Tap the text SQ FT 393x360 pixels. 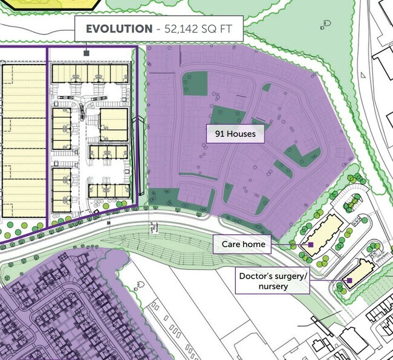point(224,28)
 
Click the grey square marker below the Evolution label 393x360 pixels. point(86,53)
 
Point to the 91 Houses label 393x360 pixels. point(235,133)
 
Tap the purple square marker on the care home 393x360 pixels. point(311,245)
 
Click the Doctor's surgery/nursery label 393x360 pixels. point(273,281)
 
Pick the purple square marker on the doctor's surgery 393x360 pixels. point(349,280)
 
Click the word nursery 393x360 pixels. point(273,286)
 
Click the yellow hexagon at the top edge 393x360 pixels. point(54,3)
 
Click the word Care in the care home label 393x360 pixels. point(231,245)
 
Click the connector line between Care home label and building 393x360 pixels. point(289,245)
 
